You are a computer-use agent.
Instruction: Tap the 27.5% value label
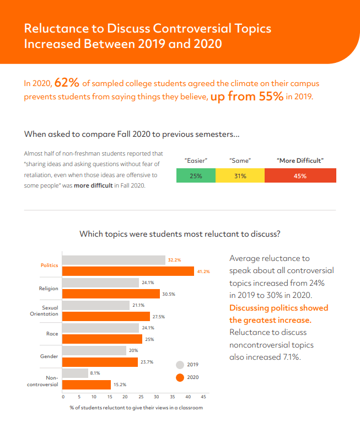(158, 317)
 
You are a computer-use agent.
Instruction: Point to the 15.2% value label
(119, 385)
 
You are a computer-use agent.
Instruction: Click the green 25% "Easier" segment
(196, 176)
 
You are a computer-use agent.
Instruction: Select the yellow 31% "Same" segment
(240, 176)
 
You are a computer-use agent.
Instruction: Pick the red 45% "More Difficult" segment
(300, 176)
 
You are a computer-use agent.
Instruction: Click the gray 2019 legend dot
(180, 365)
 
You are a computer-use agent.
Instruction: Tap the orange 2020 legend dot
(180, 377)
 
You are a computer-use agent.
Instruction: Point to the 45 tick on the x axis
(203, 397)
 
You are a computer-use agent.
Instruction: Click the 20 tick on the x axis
(125, 397)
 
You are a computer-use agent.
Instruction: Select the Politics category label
(49, 265)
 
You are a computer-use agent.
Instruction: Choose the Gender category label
(49, 356)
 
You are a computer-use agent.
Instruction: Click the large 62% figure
(67, 83)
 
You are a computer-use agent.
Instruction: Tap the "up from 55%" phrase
(247, 97)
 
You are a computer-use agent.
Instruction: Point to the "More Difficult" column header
(300, 161)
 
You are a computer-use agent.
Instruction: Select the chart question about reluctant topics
(180, 234)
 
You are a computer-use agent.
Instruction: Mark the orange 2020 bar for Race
(101, 339)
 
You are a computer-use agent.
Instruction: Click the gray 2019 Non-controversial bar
(76, 373)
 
